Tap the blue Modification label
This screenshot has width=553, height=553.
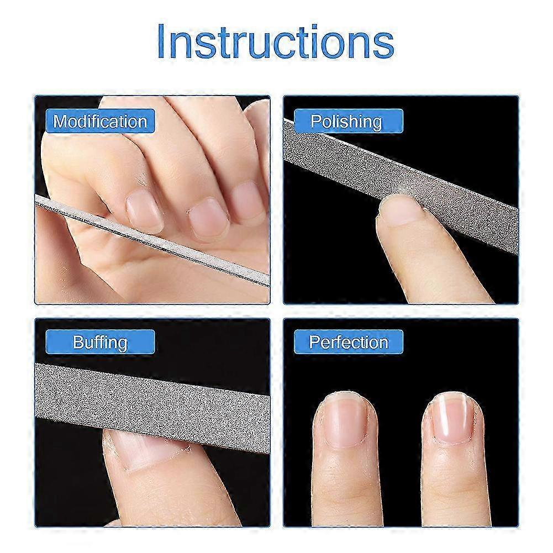(x=100, y=121)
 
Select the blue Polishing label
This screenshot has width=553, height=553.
(x=346, y=121)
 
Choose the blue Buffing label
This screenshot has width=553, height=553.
(x=100, y=342)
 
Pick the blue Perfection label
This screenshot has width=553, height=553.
(x=348, y=342)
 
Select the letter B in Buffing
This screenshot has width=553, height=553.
(x=78, y=342)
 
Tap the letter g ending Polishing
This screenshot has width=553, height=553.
(x=376, y=123)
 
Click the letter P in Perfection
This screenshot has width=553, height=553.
(x=314, y=342)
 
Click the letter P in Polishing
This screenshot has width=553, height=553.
(x=315, y=121)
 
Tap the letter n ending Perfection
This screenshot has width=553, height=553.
(x=383, y=343)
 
